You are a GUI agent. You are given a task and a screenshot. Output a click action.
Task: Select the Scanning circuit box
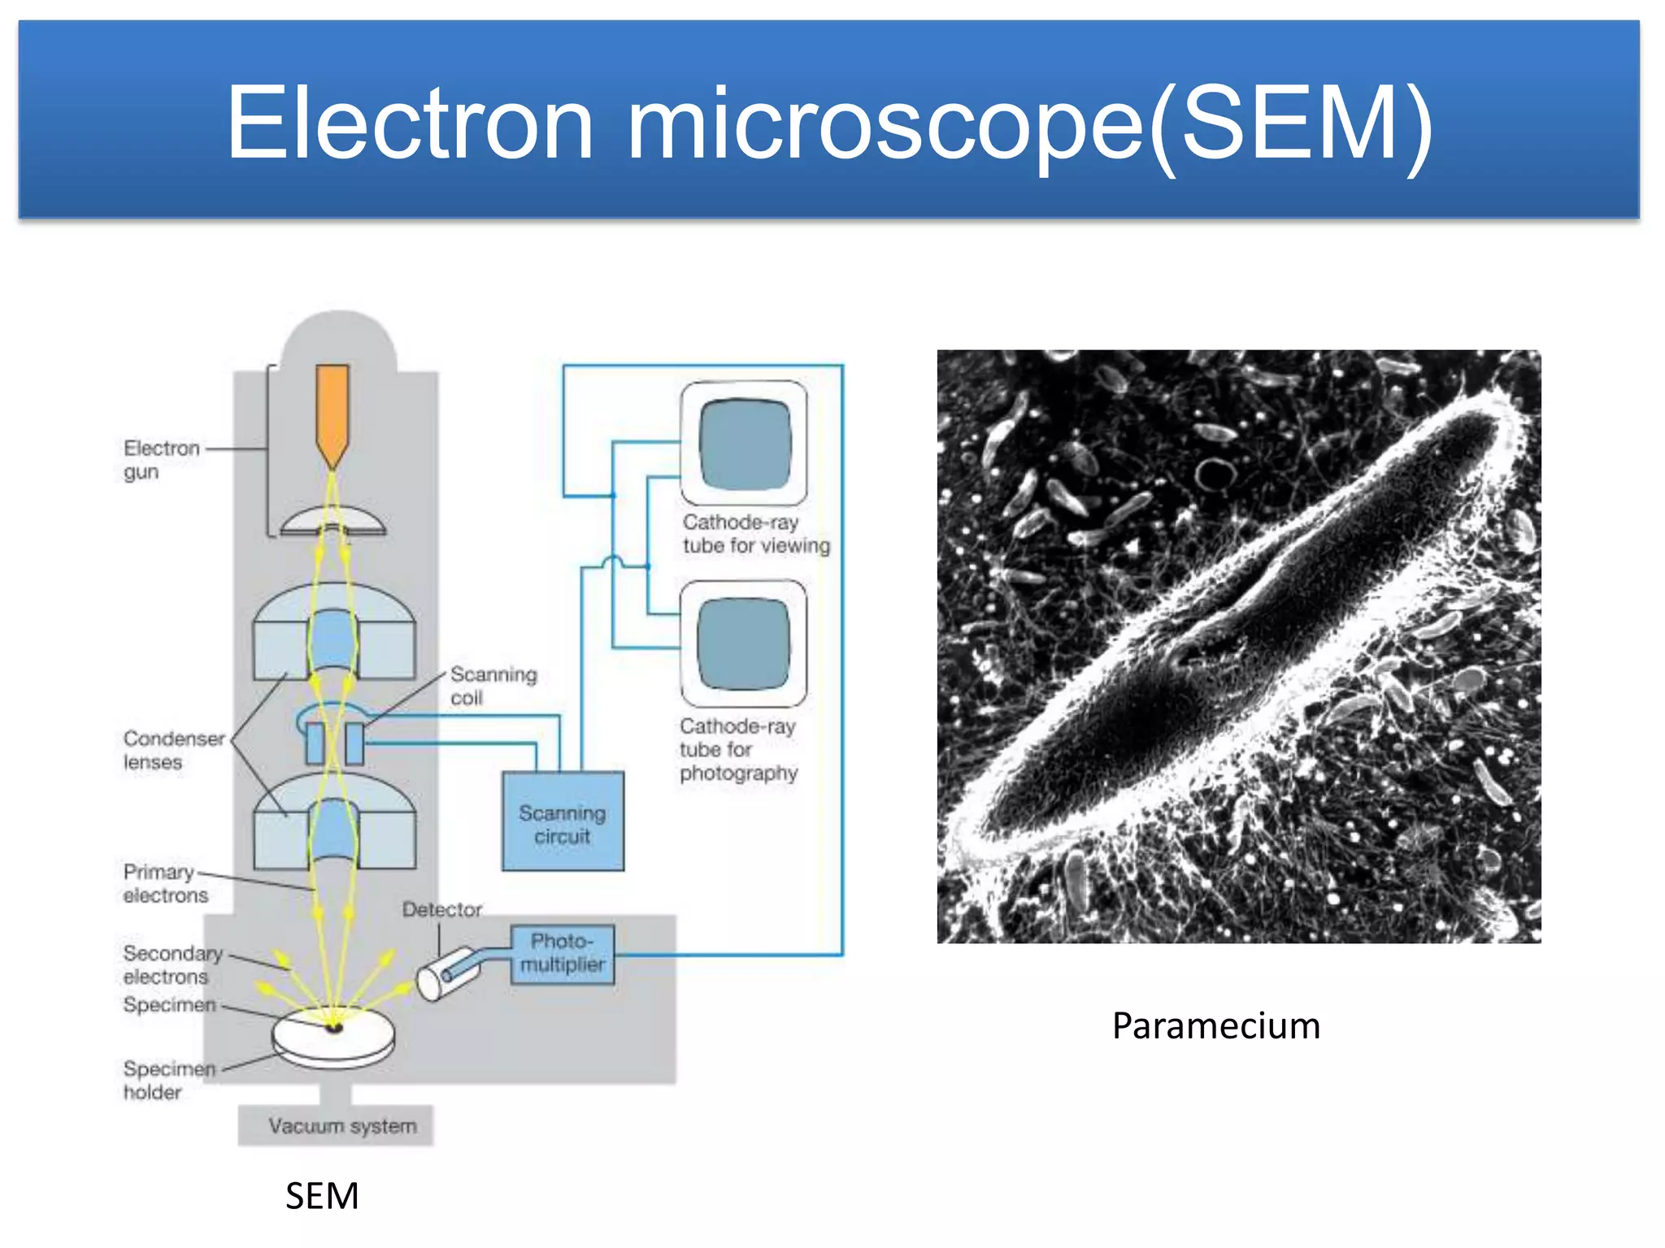(x=563, y=821)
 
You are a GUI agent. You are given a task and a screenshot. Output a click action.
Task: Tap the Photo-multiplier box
(x=563, y=954)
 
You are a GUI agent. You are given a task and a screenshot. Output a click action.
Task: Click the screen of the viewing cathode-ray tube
(x=744, y=444)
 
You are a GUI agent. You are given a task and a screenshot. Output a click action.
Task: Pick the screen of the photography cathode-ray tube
(x=743, y=643)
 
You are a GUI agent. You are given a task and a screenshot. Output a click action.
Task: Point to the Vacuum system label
(x=342, y=1126)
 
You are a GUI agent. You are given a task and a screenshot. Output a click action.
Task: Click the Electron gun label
(x=160, y=460)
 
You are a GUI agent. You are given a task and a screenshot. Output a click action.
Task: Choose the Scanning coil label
(x=493, y=686)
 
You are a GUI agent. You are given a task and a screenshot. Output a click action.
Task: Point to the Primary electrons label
(x=164, y=883)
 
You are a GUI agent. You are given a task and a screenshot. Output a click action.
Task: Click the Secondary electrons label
(x=172, y=964)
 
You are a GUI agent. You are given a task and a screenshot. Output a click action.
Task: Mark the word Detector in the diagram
(x=441, y=910)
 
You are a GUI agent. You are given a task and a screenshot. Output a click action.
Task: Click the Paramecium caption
(x=1215, y=1025)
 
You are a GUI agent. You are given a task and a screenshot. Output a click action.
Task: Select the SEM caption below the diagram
(x=322, y=1196)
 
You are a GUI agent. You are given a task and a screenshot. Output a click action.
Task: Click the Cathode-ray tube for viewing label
(x=755, y=534)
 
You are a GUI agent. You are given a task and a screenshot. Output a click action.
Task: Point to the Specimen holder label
(x=168, y=1080)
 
